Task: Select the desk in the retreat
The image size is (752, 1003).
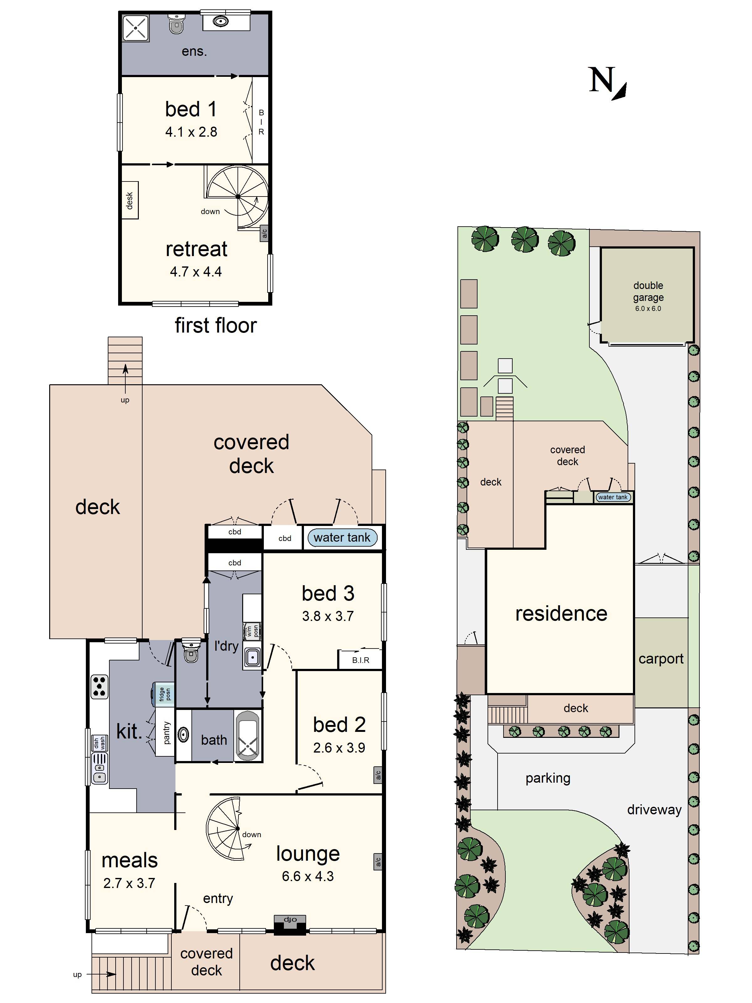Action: [x=130, y=200]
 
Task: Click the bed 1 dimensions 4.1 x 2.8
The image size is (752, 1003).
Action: [x=191, y=132]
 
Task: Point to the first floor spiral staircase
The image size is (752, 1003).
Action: [x=238, y=196]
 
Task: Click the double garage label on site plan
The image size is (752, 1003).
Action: [x=648, y=291]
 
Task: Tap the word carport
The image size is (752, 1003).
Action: [x=661, y=659]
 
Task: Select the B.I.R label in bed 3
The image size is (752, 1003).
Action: [x=360, y=660]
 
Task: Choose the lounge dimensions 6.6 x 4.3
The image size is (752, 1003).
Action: [x=307, y=876]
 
